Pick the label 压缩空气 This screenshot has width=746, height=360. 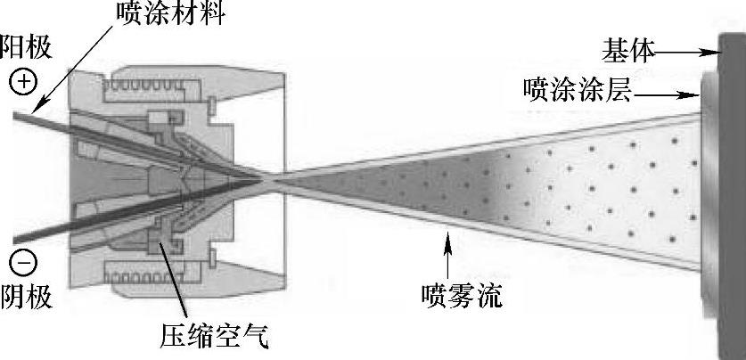214,337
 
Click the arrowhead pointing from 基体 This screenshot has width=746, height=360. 712,53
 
